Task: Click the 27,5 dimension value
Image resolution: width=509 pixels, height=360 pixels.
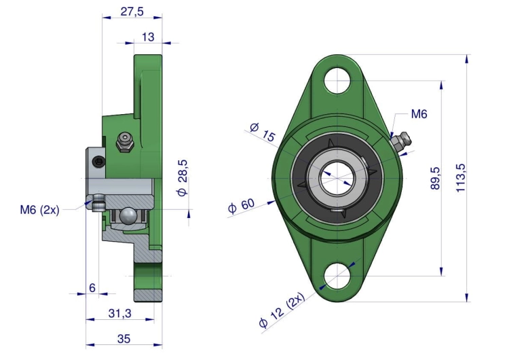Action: tap(132, 12)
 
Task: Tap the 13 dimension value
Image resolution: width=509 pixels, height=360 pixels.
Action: tap(148, 37)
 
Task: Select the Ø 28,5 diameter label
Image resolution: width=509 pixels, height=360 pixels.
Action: tap(183, 177)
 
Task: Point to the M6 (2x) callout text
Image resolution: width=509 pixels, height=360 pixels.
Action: tap(39, 210)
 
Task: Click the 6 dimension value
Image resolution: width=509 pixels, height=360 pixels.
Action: tap(92, 288)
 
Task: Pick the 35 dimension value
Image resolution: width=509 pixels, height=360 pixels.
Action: tap(124, 339)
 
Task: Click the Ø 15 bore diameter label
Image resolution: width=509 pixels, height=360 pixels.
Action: tap(263, 132)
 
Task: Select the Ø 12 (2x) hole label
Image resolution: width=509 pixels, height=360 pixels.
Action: tap(282, 310)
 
